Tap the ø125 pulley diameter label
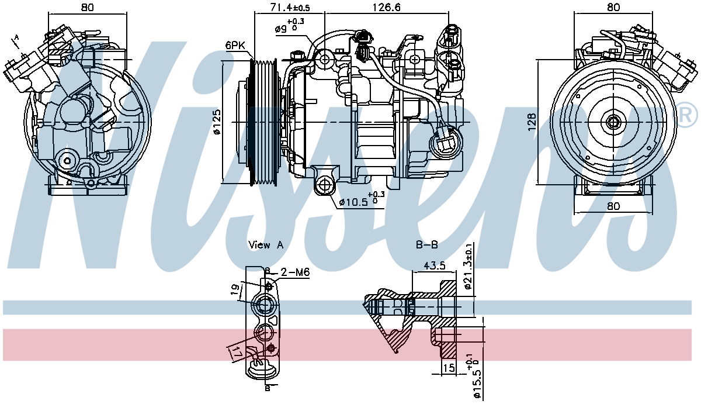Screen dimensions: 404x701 [217, 122]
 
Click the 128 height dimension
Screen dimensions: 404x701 [531, 122]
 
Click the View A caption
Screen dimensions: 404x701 [265, 245]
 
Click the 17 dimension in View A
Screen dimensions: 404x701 [237, 351]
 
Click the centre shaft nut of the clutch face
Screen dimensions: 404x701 [612, 122]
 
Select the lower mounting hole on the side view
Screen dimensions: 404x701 [325, 185]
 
